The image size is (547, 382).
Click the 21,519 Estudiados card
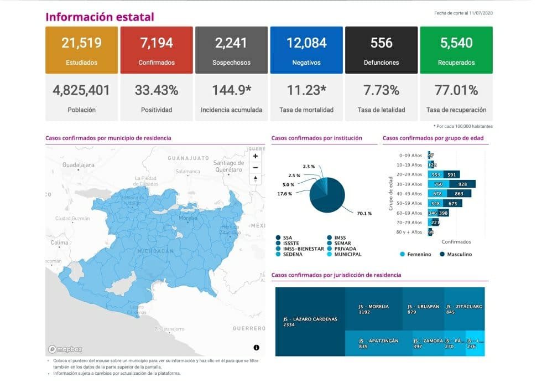point(81,50)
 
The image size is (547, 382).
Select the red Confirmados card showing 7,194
point(157,50)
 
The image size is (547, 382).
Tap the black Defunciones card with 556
point(381,50)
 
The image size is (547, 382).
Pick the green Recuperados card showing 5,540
point(456,50)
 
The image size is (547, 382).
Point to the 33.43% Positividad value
point(157,90)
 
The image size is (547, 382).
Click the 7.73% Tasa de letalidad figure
point(381,90)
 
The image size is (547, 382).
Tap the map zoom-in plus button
point(256,156)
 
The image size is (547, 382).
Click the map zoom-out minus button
point(256,167)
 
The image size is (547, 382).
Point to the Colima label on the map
point(59,242)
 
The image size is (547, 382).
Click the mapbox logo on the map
point(65,349)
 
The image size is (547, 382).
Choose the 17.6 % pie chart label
point(284,193)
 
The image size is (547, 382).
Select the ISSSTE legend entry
point(291,244)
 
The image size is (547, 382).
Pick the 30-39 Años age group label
point(409,184)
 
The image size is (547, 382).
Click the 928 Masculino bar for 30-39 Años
point(462,184)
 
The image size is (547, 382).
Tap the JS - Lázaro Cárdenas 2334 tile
point(309,322)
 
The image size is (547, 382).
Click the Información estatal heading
point(100,17)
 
